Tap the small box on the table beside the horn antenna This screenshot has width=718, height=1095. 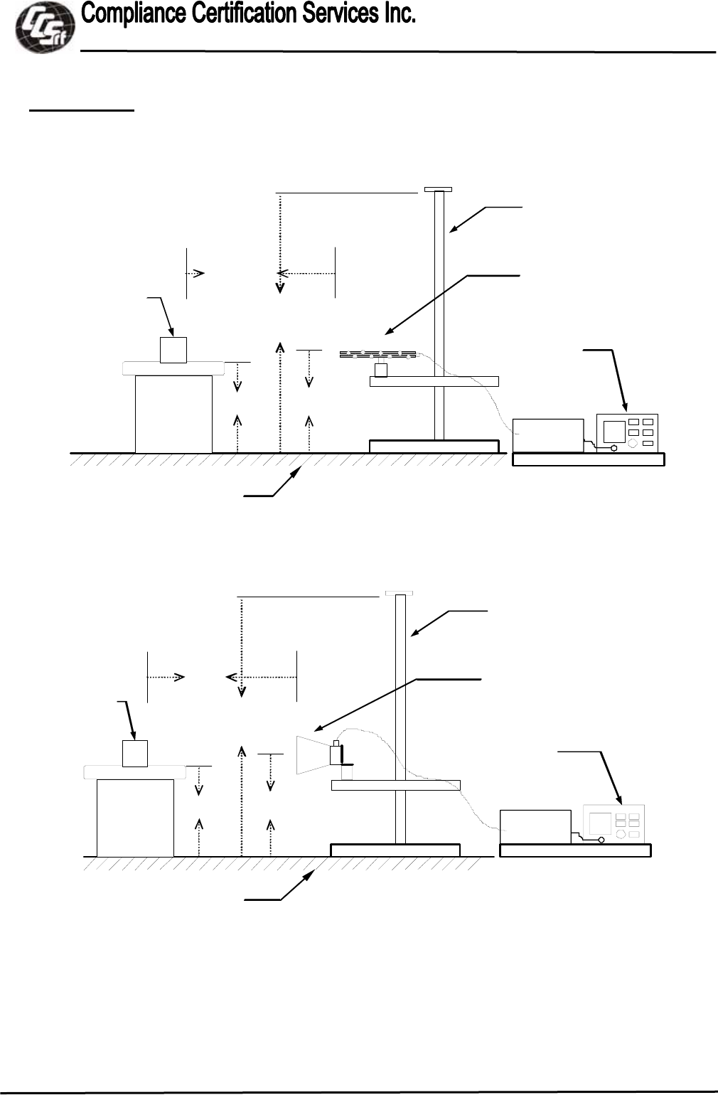coord(135,754)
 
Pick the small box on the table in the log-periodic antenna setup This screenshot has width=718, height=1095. coord(173,350)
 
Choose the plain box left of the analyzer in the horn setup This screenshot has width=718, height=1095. coord(535,826)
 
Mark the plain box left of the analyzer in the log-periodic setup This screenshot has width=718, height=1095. coord(547,435)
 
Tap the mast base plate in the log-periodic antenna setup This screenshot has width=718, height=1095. coord(434,446)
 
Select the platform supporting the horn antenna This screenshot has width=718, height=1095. coord(396,785)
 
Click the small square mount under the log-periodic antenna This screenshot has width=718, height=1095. coord(381,370)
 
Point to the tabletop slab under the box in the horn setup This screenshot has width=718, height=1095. coord(135,772)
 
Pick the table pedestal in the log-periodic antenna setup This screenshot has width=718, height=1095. coord(173,414)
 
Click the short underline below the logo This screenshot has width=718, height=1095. coord(81,110)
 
